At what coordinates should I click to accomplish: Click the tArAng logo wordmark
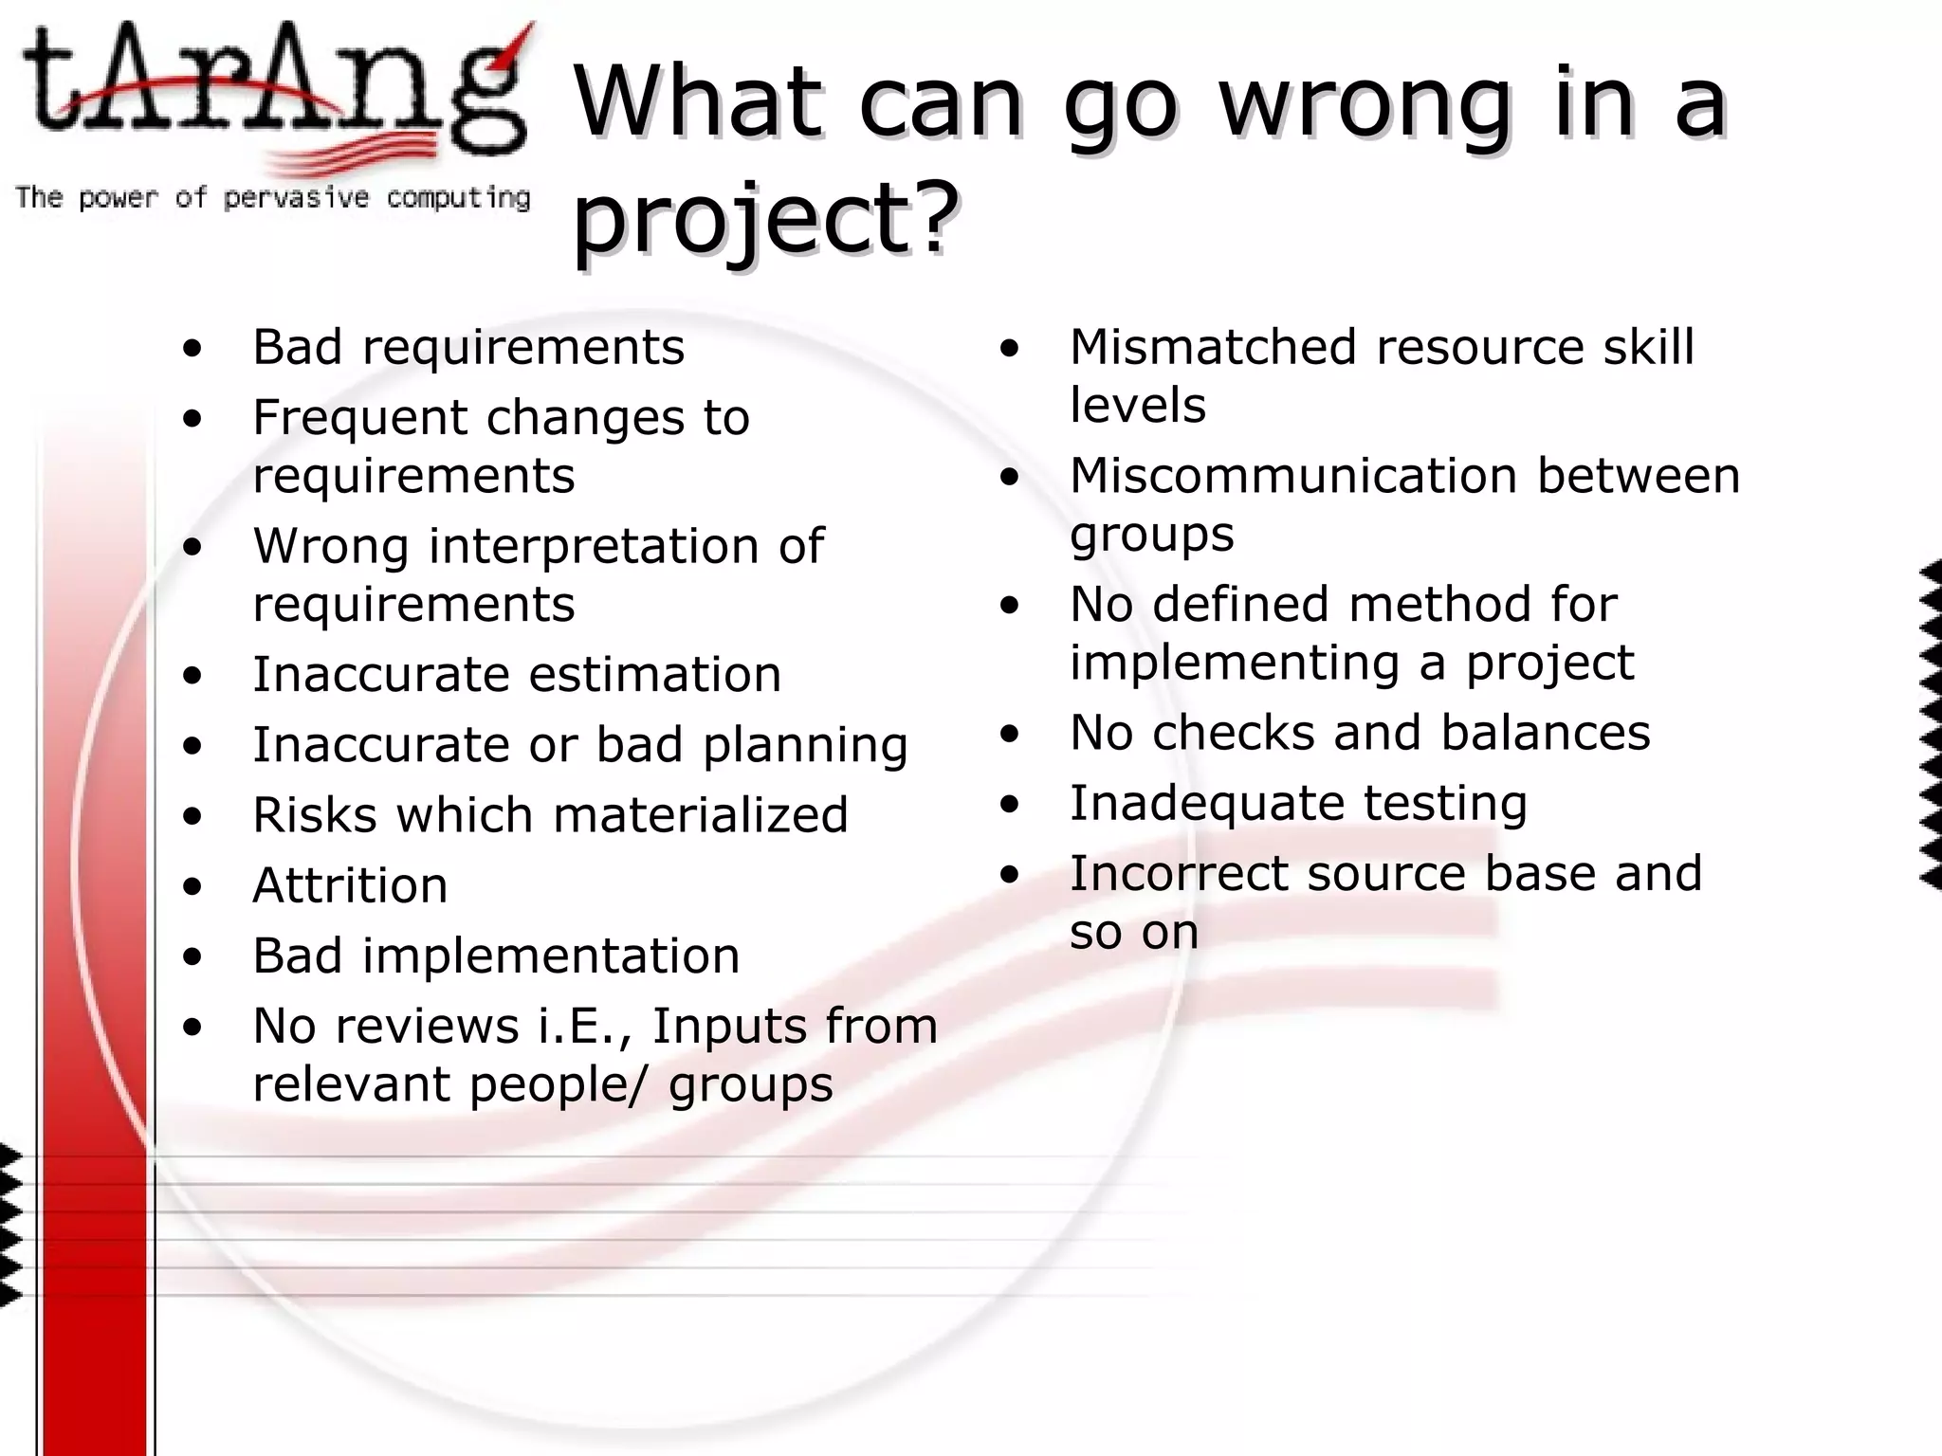(x=275, y=90)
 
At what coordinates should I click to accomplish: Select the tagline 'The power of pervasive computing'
(x=273, y=197)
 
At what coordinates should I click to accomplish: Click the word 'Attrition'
(x=350, y=885)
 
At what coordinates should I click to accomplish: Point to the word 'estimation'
(x=654, y=675)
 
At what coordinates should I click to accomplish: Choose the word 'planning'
(x=805, y=745)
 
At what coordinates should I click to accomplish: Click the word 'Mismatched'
(x=1213, y=347)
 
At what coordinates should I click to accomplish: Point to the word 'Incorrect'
(x=1179, y=873)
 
